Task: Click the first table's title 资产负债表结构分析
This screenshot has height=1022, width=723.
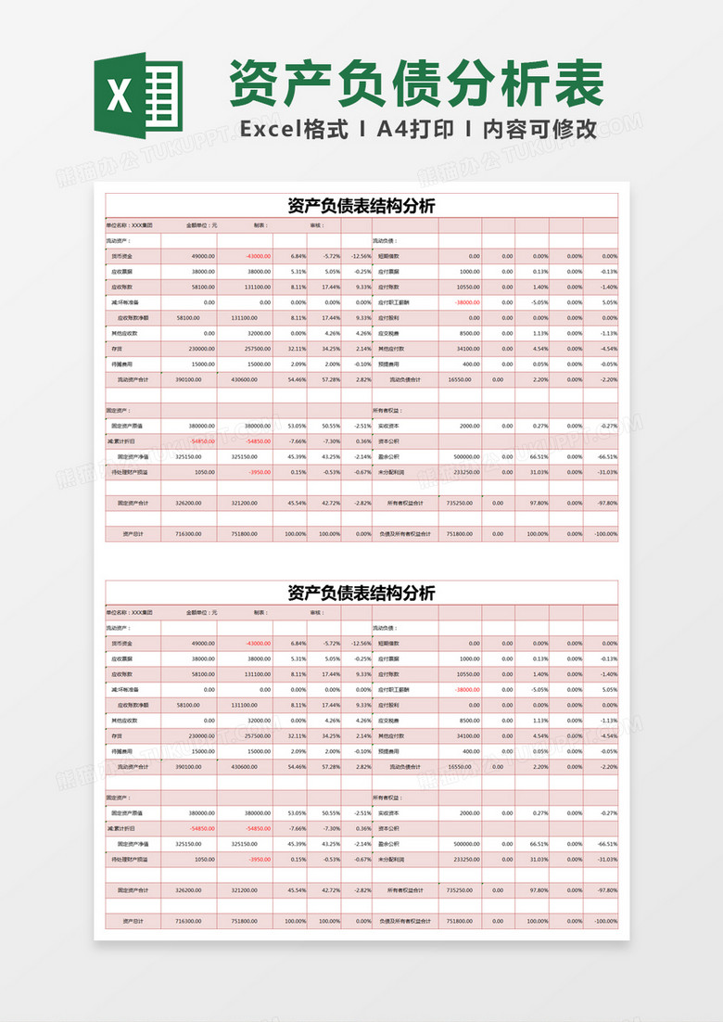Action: (361, 206)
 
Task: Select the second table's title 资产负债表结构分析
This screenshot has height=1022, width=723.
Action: (361, 593)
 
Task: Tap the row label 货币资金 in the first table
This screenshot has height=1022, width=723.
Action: (121, 256)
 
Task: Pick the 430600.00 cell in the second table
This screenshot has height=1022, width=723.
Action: (243, 767)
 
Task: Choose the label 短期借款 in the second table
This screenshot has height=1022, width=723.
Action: (389, 643)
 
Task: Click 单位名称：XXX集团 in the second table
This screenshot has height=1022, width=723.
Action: (130, 612)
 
